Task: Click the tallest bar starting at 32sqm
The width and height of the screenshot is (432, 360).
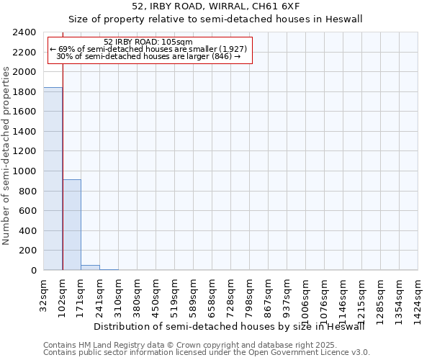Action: pos(53,179)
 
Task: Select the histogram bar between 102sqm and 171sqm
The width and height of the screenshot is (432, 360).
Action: pos(71,225)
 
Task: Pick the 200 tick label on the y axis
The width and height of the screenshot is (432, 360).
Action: pos(29,251)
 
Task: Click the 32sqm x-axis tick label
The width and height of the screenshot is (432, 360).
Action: pos(44,293)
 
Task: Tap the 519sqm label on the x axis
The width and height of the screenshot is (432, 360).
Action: pos(175,293)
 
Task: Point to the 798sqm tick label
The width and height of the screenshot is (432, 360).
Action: pos(250,293)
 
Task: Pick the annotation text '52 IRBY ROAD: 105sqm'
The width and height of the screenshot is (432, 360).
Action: pos(148,42)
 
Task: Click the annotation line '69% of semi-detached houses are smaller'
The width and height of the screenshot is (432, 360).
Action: pos(148,49)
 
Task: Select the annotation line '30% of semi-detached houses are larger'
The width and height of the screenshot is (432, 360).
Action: pos(148,56)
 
